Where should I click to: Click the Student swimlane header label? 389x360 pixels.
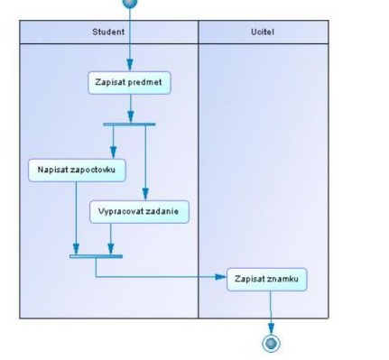pos(108,32)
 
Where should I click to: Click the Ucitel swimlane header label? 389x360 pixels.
pos(263,32)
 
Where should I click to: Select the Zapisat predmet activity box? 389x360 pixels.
pos(129,83)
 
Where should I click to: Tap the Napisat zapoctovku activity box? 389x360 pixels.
pos(77,171)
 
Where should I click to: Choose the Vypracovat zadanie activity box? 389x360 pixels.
pos(139,212)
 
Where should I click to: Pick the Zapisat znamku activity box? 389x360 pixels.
pos(267,280)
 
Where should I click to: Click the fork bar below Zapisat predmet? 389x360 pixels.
pos(129,125)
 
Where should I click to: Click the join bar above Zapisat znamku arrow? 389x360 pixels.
pos(96,256)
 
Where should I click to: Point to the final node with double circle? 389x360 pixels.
pos(271,343)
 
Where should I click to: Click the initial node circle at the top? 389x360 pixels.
pos(130,3)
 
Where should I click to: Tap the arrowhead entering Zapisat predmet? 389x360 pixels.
pos(130,65)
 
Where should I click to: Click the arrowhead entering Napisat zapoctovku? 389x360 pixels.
pos(114,152)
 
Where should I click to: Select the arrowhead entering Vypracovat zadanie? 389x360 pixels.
pos(145,194)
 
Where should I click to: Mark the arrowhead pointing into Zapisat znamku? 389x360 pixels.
pos(221,277)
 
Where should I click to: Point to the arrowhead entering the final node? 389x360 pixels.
pos(271,328)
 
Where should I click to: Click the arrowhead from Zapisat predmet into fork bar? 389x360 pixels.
pos(131,116)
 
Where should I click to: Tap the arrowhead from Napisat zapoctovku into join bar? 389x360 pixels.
pos(76,249)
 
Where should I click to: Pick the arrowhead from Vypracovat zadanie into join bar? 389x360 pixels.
pos(111,249)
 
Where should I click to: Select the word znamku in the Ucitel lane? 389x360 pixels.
pos(281,279)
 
